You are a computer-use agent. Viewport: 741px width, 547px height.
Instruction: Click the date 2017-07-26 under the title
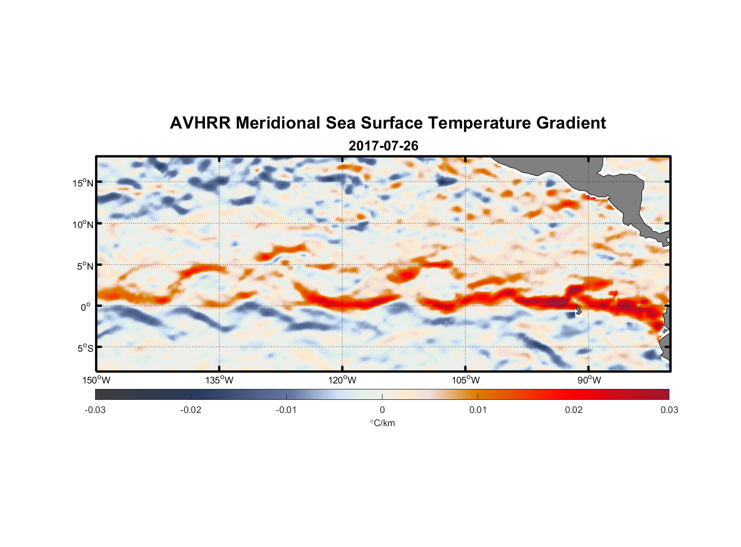coord(383,146)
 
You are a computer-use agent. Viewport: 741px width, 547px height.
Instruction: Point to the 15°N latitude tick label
coord(83,183)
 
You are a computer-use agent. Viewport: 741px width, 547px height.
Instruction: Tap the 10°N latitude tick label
coord(83,224)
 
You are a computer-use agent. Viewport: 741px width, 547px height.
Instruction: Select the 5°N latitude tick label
coord(84,266)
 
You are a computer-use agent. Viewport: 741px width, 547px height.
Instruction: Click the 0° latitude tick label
coord(86,307)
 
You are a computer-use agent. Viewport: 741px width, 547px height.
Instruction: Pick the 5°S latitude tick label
coord(84,348)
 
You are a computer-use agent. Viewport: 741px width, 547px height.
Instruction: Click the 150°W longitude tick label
coord(96,380)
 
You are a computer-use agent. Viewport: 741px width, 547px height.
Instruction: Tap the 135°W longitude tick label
coord(220,380)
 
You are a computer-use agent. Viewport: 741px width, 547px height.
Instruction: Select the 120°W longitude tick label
coord(343,380)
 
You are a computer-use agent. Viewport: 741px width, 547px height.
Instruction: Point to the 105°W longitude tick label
coord(466,380)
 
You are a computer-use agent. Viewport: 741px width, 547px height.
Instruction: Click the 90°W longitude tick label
coord(589,380)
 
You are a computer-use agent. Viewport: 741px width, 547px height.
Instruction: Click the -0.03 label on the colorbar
coord(95,410)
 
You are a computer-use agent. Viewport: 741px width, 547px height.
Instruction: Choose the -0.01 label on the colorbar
coord(286,410)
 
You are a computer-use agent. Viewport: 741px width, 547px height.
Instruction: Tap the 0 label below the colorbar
coord(382,410)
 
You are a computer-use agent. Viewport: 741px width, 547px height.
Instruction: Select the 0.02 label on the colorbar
coord(574,410)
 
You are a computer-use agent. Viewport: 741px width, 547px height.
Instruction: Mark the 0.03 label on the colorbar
coord(669,410)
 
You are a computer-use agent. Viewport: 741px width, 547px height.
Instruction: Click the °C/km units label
coord(382,423)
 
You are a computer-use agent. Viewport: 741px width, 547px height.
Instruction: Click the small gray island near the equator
coord(578,310)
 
